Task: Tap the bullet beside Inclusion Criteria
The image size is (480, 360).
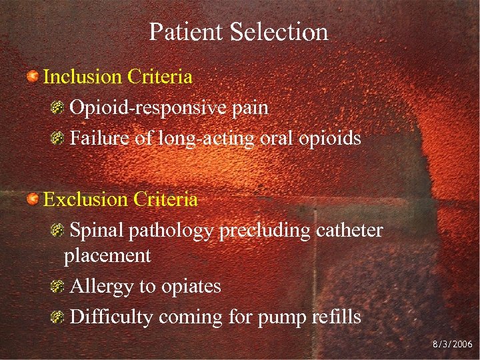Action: (x=32, y=77)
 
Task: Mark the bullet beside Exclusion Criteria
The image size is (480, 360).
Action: (x=32, y=199)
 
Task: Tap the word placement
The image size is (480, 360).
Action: (x=107, y=256)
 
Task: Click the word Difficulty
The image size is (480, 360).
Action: (x=111, y=317)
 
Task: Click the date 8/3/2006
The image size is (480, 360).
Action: (x=452, y=345)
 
